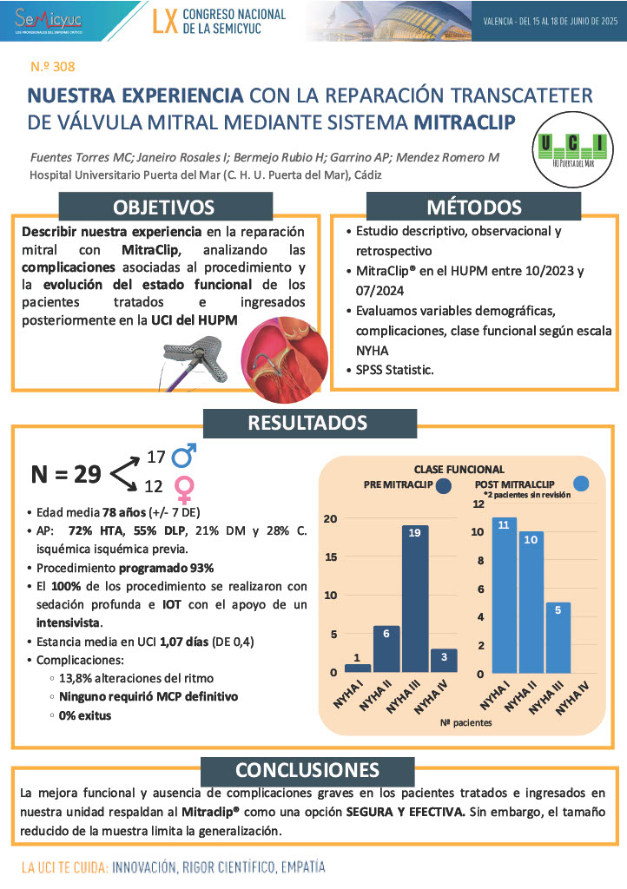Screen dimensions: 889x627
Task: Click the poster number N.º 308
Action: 55,65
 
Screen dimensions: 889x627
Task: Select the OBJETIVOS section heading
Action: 164,207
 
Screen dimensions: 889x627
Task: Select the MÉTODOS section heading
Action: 473,207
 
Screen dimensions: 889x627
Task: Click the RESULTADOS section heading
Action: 307,423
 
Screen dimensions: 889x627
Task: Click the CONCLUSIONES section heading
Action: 307,770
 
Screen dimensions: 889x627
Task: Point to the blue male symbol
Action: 184,456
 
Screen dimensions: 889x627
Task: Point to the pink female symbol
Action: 184,490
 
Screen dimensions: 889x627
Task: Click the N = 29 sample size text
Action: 66,474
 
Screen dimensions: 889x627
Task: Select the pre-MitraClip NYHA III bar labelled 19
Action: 413,598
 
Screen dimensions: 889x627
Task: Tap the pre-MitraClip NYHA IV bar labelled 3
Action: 443,660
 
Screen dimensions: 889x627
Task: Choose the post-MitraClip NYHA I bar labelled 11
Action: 505,595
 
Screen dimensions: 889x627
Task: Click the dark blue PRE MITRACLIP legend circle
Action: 445,486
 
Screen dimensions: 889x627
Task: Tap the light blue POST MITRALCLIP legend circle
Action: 583,483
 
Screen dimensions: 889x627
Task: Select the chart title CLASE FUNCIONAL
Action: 459,469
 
